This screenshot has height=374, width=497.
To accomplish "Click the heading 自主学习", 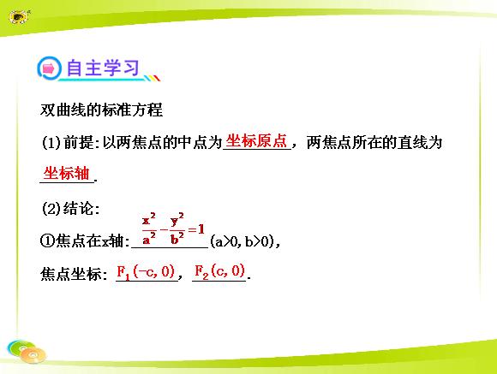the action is pyautogui.click(x=103, y=68).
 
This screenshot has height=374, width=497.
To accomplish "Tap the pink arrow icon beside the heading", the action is pyautogui.click(x=49, y=68).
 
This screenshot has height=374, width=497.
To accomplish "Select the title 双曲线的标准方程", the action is pyautogui.click(x=101, y=110).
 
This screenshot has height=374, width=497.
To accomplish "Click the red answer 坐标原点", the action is pyautogui.click(x=256, y=140).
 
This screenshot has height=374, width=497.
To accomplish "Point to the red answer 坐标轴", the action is pyautogui.click(x=67, y=173).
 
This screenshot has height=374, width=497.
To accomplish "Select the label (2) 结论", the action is pyautogui.click(x=70, y=208).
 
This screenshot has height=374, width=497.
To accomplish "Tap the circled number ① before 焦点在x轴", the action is pyautogui.click(x=48, y=241).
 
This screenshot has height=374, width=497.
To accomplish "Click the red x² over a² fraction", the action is pyautogui.click(x=149, y=229).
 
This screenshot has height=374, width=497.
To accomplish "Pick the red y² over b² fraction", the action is pyautogui.click(x=177, y=229).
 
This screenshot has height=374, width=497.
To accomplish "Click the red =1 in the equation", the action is pyautogui.click(x=196, y=229).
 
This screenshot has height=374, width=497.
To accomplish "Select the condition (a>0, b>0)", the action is pyautogui.click(x=245, y=241).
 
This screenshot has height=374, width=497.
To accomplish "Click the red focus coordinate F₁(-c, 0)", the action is pyautogui.click(x=146, y=272).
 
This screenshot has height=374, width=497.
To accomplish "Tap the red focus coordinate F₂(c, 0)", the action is pyautogui.click(x=219, y=271).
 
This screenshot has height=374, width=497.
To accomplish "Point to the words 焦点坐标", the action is pyautogui.click(x=71, y=274).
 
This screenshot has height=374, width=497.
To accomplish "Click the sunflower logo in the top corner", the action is pyautogui.click(x=18, y=16).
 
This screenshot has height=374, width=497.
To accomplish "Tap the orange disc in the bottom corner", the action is pyautogui.click(x=33, y=355).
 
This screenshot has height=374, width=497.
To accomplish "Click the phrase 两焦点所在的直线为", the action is pyautogui.click(x=374, y=142).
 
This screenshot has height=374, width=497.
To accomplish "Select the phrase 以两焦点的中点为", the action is pyautogui.click(x=162, y=142).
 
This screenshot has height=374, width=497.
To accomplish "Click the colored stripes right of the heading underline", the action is pyautogui.click(x=153, y=78).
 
